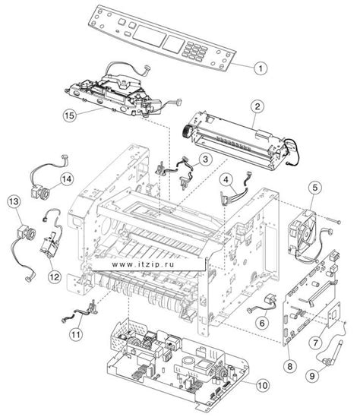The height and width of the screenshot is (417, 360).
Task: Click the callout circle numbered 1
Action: [x=258, y=68]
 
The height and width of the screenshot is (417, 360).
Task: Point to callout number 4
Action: [x=226, y=180]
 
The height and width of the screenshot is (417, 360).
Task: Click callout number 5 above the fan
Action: [x=314, y=186]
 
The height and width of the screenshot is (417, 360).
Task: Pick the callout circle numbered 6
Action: [x=261, y=322]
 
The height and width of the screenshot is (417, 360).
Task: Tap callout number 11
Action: [x=76, y=332]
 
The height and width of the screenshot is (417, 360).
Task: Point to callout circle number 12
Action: [x=55, y=276]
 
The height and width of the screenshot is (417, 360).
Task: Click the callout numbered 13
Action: [x=12, y=201]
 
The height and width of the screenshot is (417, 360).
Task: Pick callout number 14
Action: [x=67, y=178]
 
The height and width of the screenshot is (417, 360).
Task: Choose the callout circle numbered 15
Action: [x=70, y=117]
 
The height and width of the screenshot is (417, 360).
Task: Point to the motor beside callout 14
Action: [x=38, y=189]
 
